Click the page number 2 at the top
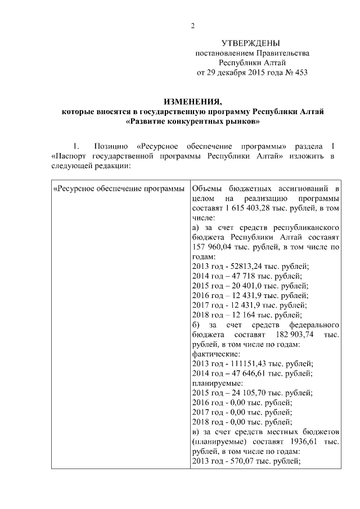coord(192,26)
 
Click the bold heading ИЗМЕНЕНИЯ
coord(192,102)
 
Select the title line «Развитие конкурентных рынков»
coord(193,121)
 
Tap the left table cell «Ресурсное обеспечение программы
coord(119,188)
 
